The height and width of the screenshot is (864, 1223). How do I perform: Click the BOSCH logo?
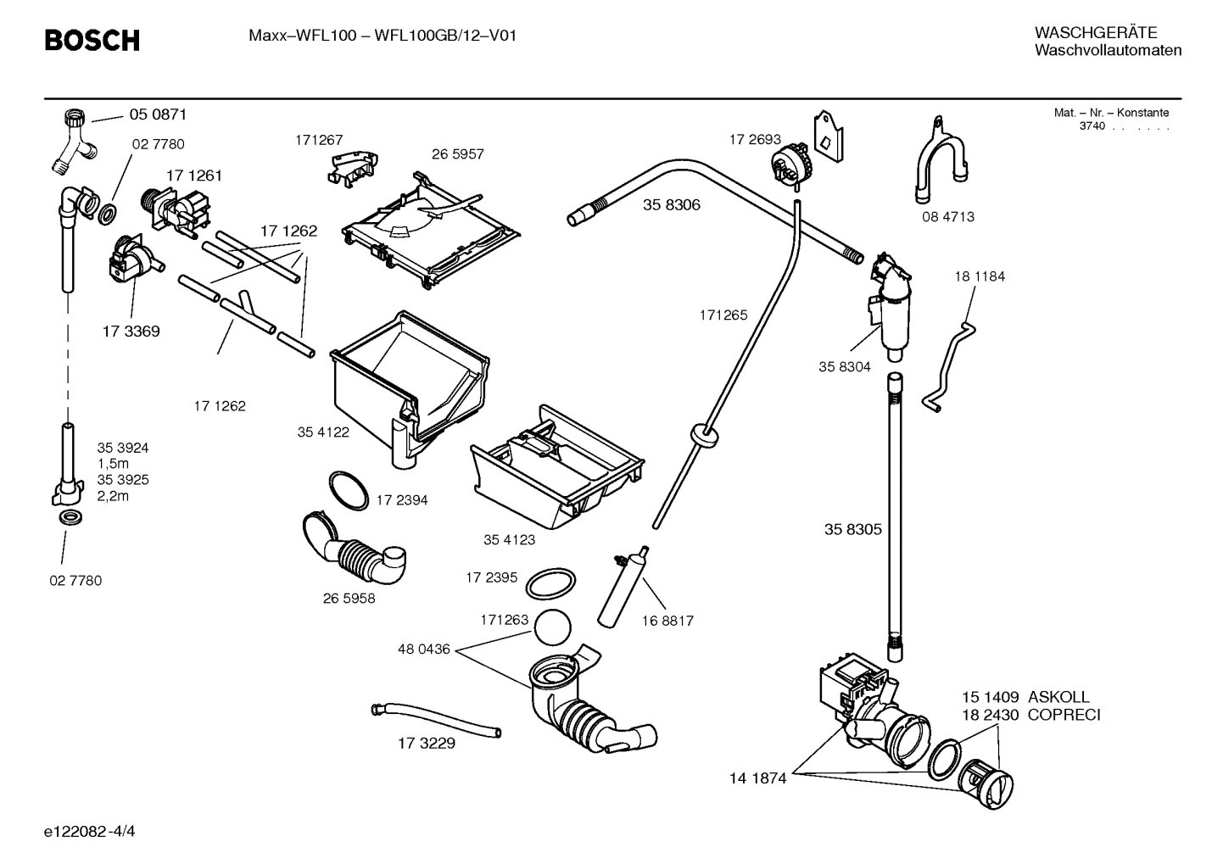click(x=92, y=40)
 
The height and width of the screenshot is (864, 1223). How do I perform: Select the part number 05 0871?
click(x=158, y=114)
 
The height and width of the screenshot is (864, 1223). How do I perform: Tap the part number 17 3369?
click(x=131, y=332)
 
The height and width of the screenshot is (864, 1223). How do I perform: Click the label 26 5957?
click(x=457, y=154)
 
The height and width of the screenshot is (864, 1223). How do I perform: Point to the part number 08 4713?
click(x=948, y=217)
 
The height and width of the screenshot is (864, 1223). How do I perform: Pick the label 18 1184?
click(x=980, y=276)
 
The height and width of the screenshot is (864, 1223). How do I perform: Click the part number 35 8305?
click(x=853, y=529)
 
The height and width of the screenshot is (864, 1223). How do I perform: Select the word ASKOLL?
click(x=1058, y=697)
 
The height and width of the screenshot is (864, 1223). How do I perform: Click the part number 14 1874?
click(x=758, y=778)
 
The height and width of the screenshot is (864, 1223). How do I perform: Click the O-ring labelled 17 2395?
click(x=550, y=583)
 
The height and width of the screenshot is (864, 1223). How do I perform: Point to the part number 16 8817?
click(x=667, y=621)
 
